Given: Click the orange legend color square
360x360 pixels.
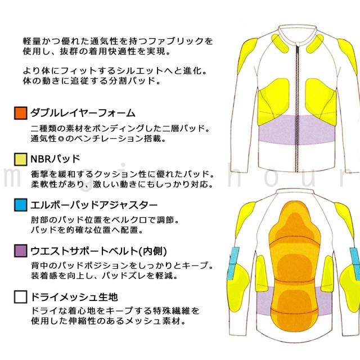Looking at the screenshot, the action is pyautogui.click(x=21, y=113).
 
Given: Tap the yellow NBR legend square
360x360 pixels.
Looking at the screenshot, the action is pyautogui.click(x=21, y=159).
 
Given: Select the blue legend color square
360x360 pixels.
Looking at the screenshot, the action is pyautogui.click(x=21, y=205).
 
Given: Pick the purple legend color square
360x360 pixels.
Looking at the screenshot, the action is pyautogui.click(x=21, y=251).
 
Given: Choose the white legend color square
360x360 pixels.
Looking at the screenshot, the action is pyautogui.click(x=21, y=297).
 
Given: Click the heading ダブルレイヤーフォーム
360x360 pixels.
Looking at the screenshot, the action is pyautogui.click(x=83, y=113).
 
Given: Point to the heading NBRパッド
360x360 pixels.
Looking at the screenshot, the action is pyautogui.click(x=55, y=159).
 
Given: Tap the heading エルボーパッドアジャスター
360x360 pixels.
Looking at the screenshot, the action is pyautogui.click(x=94, y=205).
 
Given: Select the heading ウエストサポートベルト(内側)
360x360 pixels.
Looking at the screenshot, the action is pyautogui.click(x=99, y=251).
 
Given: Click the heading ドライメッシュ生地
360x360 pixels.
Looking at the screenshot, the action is pyautogui.click(x=74, y=297).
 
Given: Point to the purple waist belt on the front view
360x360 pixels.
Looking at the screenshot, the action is pyautogui.click(x=297, y=130).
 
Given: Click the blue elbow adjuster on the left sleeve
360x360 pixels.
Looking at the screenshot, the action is pyautogui.click(x=233, y=263).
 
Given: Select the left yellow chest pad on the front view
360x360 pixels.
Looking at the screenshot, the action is pyautogui.click(x=273, y=101).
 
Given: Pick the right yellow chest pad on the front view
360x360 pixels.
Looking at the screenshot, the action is pyautogui.click(x=321, y=101).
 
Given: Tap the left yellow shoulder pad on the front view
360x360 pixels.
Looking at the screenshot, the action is pyautogui.click(x=247, y=55).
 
